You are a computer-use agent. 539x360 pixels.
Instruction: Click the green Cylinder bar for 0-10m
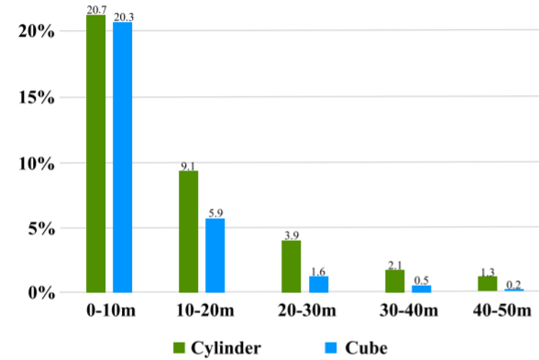coord(96,154)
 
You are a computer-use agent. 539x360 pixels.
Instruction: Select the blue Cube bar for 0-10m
coord(123,158)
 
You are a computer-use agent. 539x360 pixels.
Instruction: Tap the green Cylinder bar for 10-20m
coord(189,232)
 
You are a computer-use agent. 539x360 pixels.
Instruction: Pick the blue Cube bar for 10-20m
coord(215,256)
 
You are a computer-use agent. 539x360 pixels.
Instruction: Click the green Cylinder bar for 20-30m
coord(291,267)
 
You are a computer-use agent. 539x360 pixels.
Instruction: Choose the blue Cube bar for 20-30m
coord(319,284)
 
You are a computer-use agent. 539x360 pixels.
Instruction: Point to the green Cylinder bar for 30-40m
coord(394,281)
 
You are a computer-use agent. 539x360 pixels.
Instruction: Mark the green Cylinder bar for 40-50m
coord(488,284)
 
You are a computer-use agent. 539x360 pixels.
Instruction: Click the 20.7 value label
coord(96,10)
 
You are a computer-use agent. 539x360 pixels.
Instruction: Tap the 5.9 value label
coord(215,213)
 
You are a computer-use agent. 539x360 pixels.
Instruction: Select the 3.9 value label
coord(291,235)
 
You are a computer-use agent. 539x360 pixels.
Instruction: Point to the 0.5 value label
coord(422,280)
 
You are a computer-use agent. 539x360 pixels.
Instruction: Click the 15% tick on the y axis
coord(37,97)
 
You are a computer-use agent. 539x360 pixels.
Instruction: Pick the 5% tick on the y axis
coord(41,228)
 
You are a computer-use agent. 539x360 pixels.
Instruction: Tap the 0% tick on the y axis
coord(41,293)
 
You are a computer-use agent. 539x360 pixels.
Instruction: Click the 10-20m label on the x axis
coord(205,311)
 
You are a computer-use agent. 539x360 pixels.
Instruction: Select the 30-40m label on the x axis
coord(409,311)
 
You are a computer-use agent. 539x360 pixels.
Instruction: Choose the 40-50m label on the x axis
coord(502,311)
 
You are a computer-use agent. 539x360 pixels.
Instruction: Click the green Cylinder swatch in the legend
coord(179,348)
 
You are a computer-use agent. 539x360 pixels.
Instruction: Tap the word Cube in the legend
coord(366,348)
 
